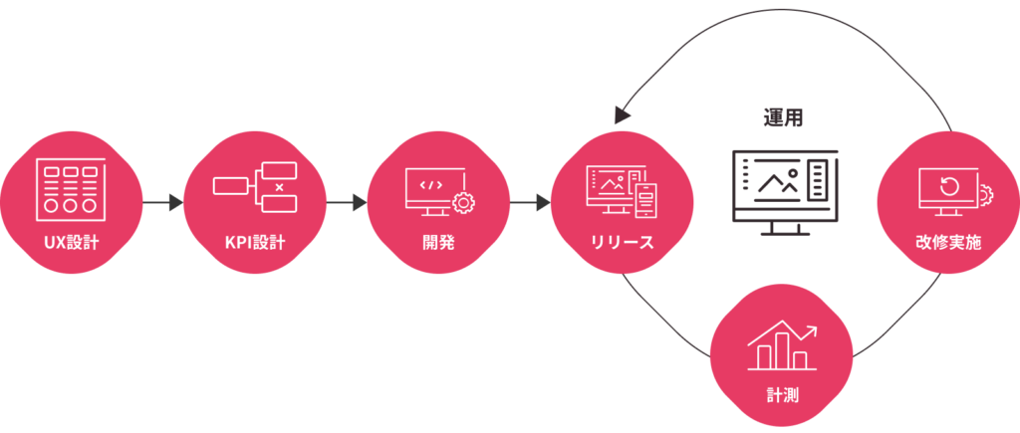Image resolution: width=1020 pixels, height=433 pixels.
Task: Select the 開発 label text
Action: click(x=438, y=240)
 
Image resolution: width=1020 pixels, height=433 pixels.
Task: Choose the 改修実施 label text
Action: click(x=947, y=240)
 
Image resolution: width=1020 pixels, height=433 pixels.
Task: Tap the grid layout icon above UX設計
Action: click(x=71, y=186)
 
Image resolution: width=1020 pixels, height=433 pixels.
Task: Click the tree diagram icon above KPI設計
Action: click(x=255, y=186)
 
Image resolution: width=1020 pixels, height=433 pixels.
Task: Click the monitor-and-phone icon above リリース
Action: click(x=622, y=188)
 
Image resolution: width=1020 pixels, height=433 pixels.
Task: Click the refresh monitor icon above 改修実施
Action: click(x=947, y=189)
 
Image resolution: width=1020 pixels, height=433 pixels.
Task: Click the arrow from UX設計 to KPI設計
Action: click(x=163, y=203)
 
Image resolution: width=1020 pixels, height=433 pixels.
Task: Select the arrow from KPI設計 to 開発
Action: click(x=347, y=203)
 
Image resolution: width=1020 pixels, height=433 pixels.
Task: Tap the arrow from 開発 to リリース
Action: click(x=531, y=203)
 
